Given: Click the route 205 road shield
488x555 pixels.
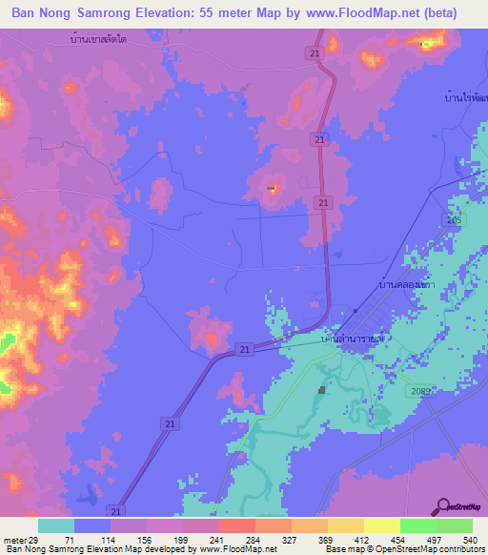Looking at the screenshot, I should (453, 220).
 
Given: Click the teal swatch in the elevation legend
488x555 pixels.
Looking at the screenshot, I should (56, 525).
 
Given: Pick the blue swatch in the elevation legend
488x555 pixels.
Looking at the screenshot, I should (92, 525).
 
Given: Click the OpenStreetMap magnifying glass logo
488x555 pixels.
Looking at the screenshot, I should (444, 508).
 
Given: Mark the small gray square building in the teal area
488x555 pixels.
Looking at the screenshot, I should (322, 389).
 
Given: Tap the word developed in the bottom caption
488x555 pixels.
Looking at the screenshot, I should (153, 549).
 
